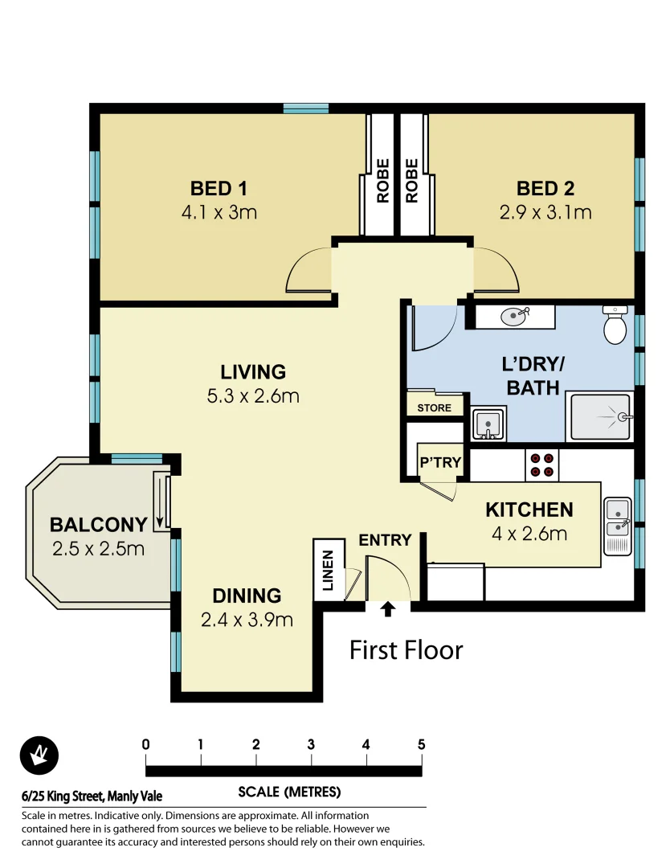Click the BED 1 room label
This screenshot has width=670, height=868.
[218, 189]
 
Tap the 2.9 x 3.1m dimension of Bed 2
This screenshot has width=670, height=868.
[545, 213]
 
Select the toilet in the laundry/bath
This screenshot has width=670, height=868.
[615, 325]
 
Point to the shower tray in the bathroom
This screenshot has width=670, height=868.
[601, 417]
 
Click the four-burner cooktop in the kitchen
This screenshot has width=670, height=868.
[541, 464]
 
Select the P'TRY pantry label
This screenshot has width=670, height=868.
[440, 463]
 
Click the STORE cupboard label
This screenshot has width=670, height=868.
[434, 407]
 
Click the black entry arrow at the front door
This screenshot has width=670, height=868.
[388, 609]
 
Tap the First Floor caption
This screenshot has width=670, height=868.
[406, 649]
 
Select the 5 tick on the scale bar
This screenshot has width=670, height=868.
[421, 744]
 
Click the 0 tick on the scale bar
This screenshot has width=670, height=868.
[145, 744]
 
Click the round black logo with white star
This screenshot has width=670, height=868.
[39, 755]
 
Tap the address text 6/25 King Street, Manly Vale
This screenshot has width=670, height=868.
[92, 796]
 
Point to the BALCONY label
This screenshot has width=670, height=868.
[98, 525]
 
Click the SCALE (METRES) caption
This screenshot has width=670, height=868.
[289, 792]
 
